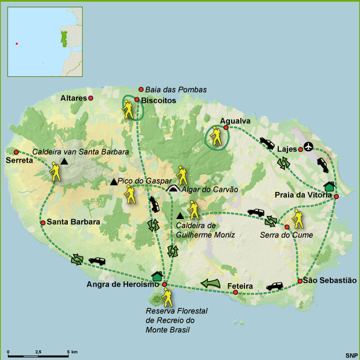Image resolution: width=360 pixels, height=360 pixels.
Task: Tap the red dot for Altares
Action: point(91,97)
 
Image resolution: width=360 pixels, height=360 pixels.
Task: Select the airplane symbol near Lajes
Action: point(310,146)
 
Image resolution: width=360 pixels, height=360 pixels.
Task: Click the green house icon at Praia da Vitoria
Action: point(329,186)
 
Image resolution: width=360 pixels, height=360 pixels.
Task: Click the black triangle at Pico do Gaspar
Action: point(113,182)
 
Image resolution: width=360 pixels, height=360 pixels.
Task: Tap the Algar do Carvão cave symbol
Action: point(174,189)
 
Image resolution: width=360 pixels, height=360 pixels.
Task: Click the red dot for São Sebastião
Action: point(299,281)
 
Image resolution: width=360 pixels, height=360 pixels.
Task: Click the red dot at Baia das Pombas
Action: point(141,89)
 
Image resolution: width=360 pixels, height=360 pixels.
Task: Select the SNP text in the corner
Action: point(352,355)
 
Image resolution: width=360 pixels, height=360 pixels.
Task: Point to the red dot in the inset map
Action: point(17,43)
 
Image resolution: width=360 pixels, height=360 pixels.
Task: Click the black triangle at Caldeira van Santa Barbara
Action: point(65,162)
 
